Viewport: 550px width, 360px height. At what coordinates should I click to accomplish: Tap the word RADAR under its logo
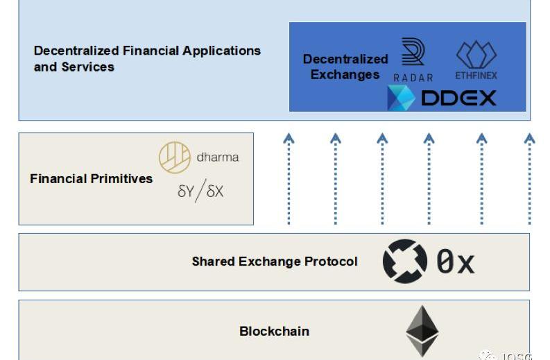pyautogui.click(x=413, y=78)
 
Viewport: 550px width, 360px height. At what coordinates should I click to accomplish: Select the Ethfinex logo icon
pyautogui.click(x=476, y=55)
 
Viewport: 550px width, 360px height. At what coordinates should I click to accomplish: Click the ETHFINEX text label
pyautogui.click(x=476, y=75)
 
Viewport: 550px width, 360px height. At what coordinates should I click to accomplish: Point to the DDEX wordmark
pyautogui.click(x=459, y=98)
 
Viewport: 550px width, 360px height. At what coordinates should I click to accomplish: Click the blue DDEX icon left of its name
pyautogui.click(x=401, y=98)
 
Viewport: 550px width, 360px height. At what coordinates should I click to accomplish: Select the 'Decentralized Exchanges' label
pyautogui.click(x=345, y=67)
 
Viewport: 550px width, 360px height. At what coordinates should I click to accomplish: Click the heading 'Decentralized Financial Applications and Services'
pyautogui.click(x=147, y=58)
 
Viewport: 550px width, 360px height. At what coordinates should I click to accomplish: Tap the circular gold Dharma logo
pyautogui.click(x=175, y=157)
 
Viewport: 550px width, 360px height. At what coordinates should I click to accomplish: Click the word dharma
pyautogui.click(x=218, y=157)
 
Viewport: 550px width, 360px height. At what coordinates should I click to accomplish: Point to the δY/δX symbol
pyautogui.click(x=200, y=191)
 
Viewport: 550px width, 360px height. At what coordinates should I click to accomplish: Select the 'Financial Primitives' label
pyautogui.click(x=91, y=178)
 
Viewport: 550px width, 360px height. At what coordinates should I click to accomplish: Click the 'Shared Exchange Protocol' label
pyautogui.click(x=275, y=262)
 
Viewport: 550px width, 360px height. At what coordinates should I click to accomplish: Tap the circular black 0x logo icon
pyautogui.click(x=405, y=262)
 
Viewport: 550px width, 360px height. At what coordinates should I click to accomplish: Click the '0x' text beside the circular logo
pyautogui.click(x=455, y=262)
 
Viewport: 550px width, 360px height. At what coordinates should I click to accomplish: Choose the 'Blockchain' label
pyautogui.click(x=274, y=331)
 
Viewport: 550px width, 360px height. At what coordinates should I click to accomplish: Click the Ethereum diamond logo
pyautogui.click(x=422, y=330)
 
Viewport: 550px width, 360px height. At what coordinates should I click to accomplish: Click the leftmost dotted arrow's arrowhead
pyautogui.click(x=289, y=139)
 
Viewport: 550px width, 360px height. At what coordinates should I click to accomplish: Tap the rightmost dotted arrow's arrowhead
pyautogui.click(x=530, y=139)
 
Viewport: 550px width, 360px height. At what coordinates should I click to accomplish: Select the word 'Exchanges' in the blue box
pyautogui.click(x=345, y=75)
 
